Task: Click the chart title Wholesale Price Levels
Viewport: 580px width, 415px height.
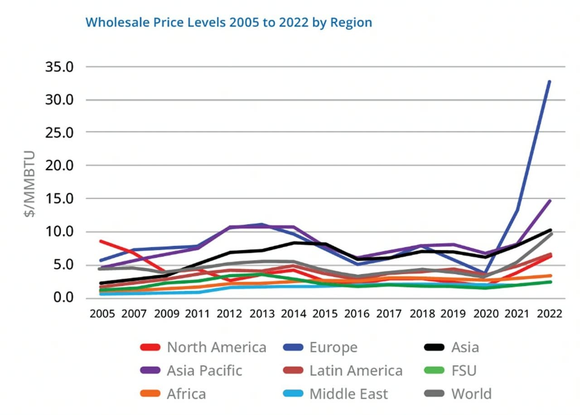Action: pos(228,22)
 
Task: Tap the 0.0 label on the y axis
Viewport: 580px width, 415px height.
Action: pos(63,298)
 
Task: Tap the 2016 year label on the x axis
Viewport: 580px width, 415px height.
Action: pos(357,314)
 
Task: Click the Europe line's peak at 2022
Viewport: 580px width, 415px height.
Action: pos(549,82)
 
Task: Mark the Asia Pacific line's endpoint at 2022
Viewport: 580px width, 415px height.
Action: pos(549,200)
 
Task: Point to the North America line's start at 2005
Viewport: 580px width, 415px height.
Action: pos(101,241)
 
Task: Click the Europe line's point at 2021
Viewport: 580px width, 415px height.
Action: pos(517,210)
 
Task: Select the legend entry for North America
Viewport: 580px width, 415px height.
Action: pos(216,347)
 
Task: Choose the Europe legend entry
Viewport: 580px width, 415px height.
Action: pos(333,347)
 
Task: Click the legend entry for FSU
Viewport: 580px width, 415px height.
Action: pos(464,371)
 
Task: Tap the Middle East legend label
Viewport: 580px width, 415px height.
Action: pos(348,394)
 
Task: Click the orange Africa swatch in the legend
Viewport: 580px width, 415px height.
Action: pos(150,394)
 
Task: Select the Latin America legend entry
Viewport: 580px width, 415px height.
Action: pos(356,371)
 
